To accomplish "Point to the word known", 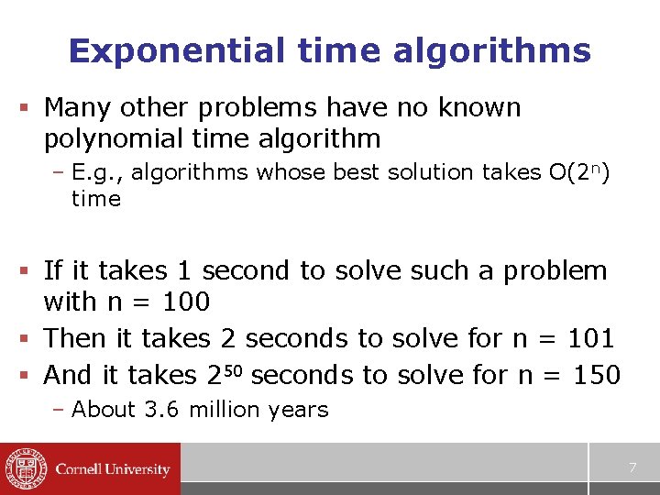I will click(x=478, y=108).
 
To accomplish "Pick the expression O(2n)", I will click(x=577, y=171).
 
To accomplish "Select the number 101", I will click(x=590, y=338).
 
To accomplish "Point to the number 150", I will click(x=596, y=375).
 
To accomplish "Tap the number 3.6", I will click(x=164, y=410).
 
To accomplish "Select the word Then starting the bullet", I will click(x=75, y=338).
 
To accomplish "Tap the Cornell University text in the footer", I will click(x=113, y=469).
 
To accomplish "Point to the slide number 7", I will click(x=632, y=468).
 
